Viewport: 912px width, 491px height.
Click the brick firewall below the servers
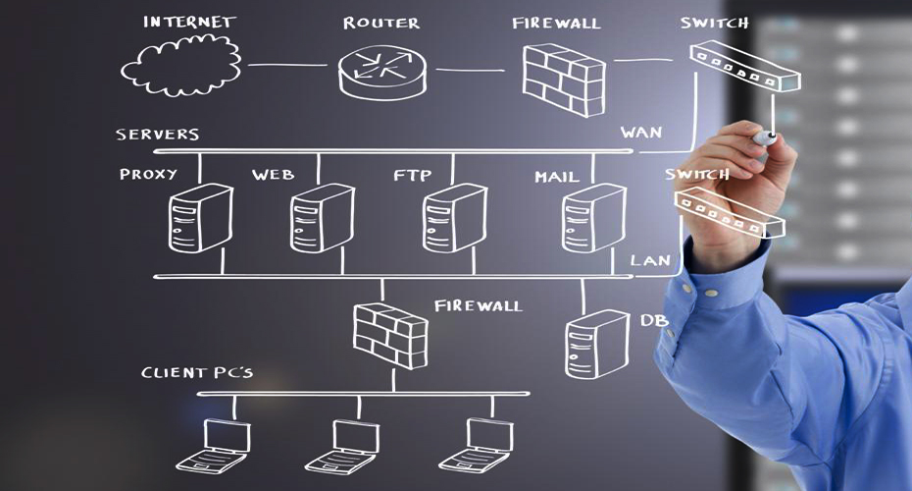389,333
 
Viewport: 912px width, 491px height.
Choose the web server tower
321,219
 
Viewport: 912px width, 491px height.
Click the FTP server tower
454,219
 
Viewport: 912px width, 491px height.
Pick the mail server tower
593,219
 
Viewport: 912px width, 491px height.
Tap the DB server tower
596,344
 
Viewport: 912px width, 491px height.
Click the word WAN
641,132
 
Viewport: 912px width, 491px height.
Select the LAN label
650,260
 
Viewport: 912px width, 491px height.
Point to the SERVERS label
157,135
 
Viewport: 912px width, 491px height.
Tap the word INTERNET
189,21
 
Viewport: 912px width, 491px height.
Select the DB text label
654,320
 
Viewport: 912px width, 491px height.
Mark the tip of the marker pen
771,136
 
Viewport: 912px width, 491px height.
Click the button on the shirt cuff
710,292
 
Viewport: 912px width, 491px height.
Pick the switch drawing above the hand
743,66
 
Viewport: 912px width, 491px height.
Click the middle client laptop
340,444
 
